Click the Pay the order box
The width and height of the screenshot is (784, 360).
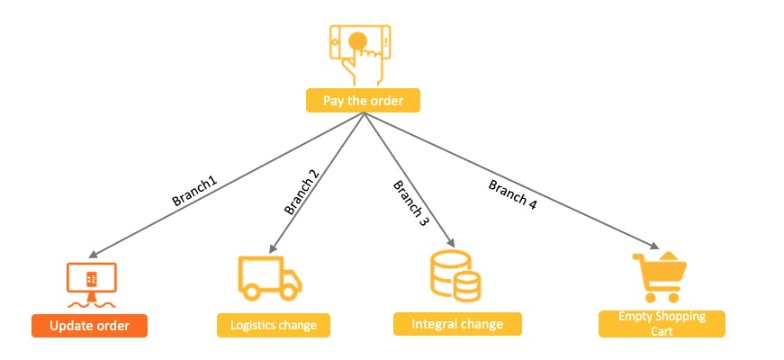[363, 99]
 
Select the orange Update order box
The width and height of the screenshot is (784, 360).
[89, 325]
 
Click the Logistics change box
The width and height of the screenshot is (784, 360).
[274, 325]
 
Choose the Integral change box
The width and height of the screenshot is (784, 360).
[457, 323]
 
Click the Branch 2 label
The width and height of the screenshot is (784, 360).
[301, 192]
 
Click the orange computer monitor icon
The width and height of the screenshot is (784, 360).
[92, 281]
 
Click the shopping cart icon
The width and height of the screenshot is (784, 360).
[659, 276]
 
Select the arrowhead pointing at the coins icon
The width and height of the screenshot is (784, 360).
[449, 246]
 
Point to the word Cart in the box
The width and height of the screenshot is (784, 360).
[662, 330]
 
